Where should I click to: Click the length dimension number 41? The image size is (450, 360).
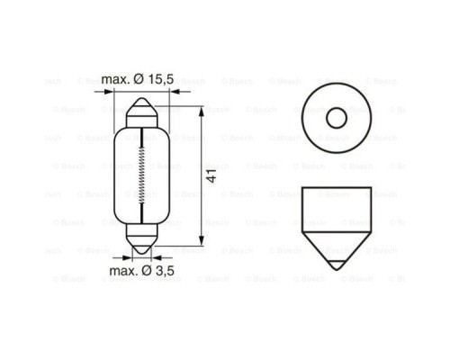coord(211,175)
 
